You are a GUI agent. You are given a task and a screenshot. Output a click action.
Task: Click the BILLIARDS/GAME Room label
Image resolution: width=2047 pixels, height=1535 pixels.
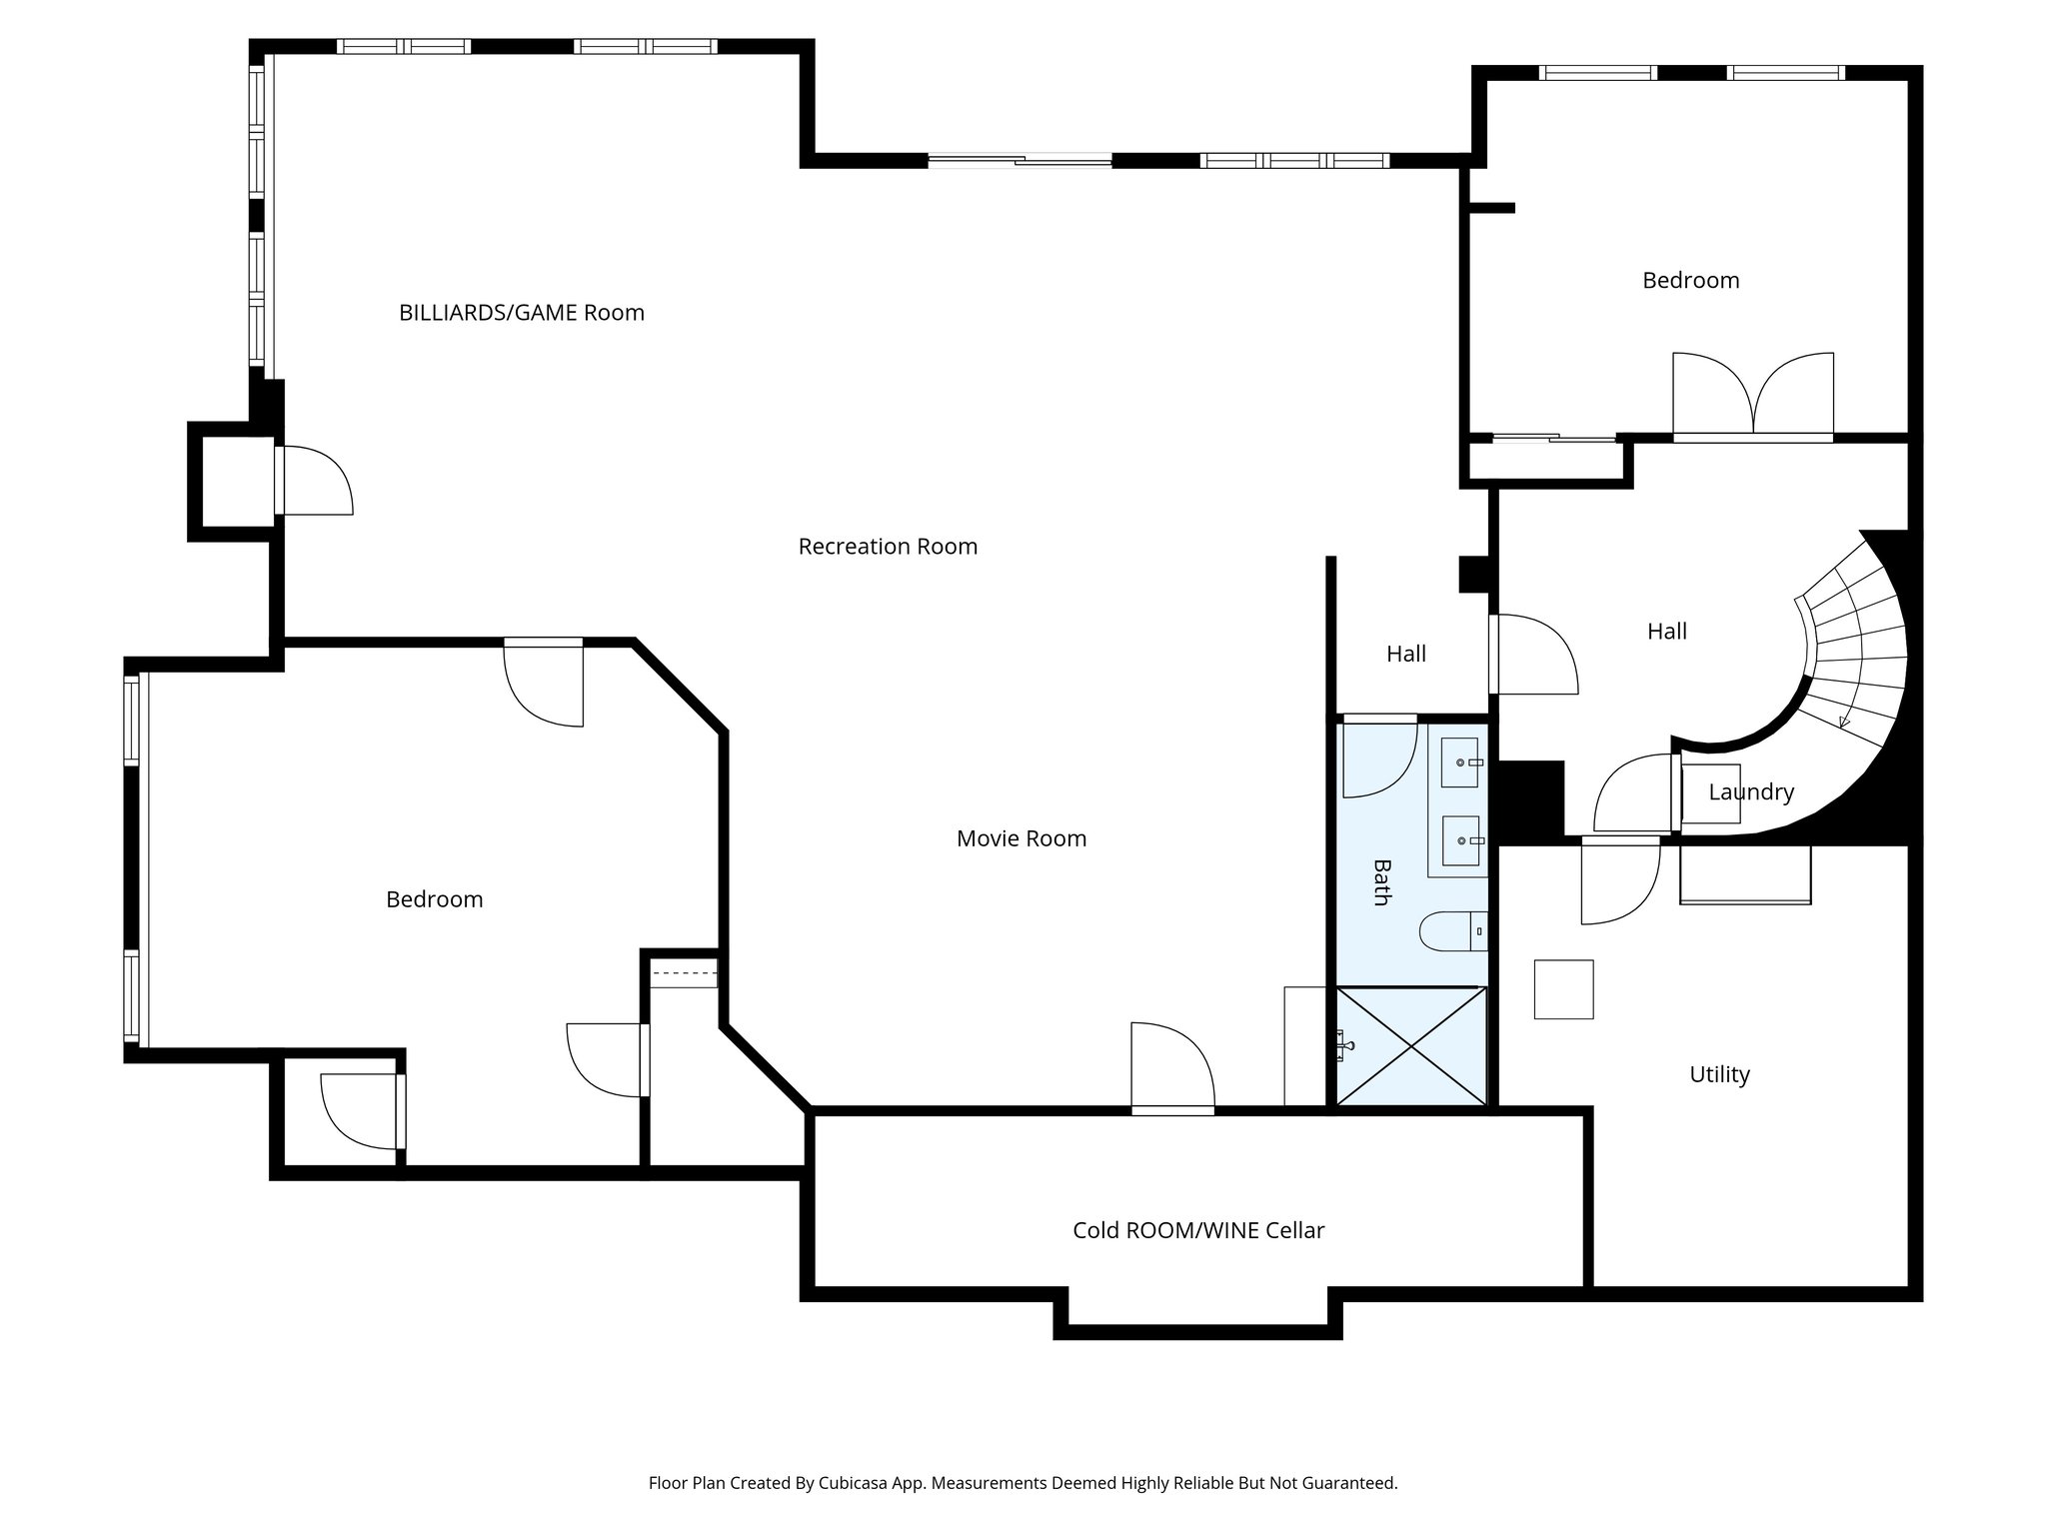click(521, 313)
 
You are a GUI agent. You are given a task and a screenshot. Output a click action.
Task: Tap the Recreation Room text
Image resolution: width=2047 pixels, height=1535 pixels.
click(888, 547)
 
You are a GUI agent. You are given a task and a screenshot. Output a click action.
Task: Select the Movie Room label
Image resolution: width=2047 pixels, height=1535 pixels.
click(1021, 838)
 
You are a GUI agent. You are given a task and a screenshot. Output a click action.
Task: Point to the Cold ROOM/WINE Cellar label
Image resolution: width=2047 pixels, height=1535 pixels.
click(1198, 1230)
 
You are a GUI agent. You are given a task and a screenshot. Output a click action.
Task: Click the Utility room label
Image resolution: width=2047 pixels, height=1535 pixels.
click(1719, 1074)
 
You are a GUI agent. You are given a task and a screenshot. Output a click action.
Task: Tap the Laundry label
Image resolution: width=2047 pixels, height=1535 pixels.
click(1751, 792)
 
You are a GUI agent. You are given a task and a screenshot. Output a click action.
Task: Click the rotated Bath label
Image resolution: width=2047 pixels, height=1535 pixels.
click(1380, 882)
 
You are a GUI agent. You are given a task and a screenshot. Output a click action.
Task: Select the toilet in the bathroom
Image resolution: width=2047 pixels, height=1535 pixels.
click(1452, 931)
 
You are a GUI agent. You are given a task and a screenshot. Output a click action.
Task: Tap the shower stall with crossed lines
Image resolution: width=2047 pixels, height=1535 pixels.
click(1411, 1046)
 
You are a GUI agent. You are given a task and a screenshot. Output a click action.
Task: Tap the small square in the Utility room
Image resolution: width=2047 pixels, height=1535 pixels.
click(1563, 989)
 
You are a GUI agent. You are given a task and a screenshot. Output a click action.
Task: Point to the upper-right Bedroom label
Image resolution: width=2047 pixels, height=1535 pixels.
click(1690, 281)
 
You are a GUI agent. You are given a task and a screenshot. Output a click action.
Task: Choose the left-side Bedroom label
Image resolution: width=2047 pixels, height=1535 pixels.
click(434, 899)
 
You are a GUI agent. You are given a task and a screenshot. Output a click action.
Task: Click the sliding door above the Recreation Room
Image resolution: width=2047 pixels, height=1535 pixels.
click(1020, 160)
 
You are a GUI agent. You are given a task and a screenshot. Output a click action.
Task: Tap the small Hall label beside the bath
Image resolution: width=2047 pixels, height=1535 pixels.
click(1405, 654)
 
